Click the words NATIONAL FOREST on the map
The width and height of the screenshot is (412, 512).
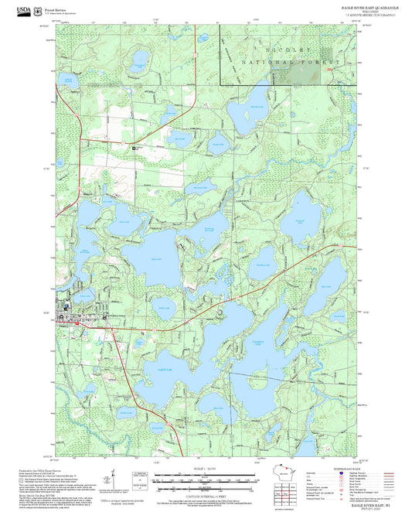[x=289, y=60]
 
